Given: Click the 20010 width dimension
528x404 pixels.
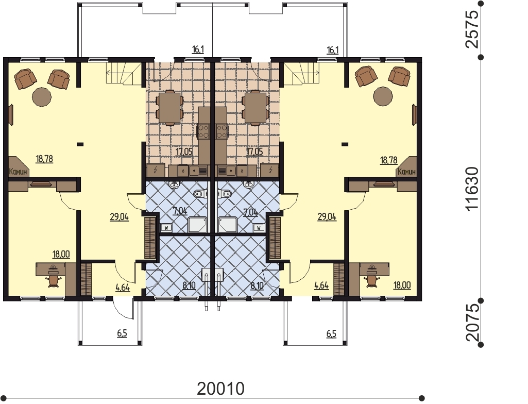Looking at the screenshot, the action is [x=220, y=389].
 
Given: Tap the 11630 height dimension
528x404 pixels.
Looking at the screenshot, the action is [x=472, y=188].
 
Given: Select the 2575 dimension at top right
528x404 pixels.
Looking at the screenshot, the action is [x=471, y=29].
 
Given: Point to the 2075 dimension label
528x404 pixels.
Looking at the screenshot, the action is [x=472, y=323].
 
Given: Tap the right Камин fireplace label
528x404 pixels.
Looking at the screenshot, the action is [x=406, y=172].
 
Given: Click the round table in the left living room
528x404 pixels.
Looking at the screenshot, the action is [x=42, y=97].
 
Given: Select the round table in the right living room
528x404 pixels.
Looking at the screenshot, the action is [x=383, y=97].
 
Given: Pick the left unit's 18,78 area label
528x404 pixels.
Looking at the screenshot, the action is [x=44, y=159].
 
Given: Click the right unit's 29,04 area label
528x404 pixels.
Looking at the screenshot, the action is [x=327, y=216].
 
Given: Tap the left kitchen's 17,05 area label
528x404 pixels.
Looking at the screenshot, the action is [x=184, y=151].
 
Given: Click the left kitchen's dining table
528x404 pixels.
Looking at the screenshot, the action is [x=170, y=108].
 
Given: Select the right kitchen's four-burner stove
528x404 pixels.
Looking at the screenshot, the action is [x=222, y=131].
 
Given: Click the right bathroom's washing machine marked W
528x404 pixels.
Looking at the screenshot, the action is [x=259, y=228].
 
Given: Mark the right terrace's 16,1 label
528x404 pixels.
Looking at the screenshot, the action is [x=332, y=50].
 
